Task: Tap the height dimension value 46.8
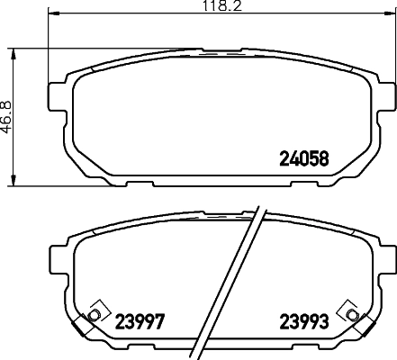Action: pyautogui.click(x=6, y=117)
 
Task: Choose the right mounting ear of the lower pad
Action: pyautogui.click(x=382, y=261)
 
